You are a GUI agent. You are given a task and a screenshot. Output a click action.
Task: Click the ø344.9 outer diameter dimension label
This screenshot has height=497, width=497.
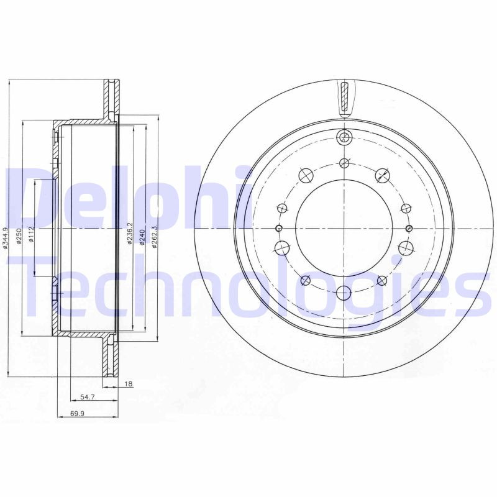coord(6,238)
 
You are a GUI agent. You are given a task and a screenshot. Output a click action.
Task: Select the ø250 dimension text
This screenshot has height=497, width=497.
coord(20,237)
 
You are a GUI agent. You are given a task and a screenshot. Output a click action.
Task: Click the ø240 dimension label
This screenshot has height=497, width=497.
coord(142,236)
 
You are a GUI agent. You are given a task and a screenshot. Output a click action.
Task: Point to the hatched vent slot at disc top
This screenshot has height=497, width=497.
coord(344,98)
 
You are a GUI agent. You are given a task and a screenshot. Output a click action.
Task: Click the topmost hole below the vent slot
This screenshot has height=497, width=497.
coord(344,138)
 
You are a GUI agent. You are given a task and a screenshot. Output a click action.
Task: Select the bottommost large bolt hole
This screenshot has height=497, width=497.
coord(344,292)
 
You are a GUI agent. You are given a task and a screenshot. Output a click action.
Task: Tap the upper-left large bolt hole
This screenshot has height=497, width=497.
coord(305,176)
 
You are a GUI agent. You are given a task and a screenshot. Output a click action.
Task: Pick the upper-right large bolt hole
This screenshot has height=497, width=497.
coord(382,176)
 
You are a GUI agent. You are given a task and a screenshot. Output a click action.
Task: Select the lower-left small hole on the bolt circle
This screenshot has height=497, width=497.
coord(305,281)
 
